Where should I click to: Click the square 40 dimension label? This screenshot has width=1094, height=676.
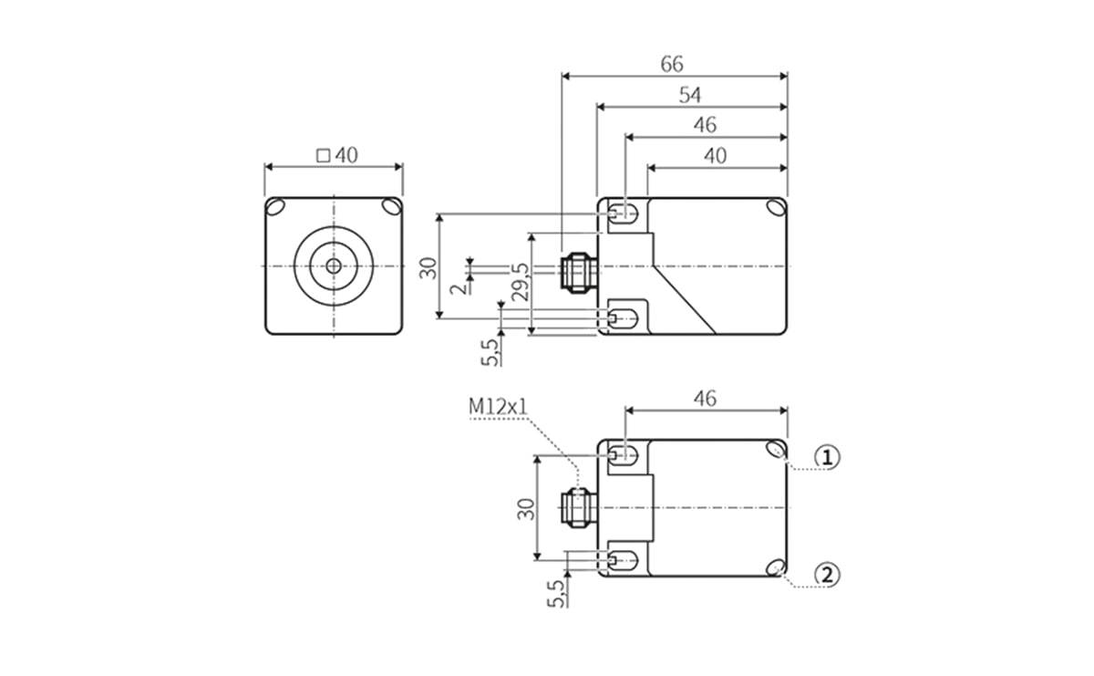coord(336,155)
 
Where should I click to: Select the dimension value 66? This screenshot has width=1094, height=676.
coord(672,65)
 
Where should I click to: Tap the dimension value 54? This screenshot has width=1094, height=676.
coord(690,95)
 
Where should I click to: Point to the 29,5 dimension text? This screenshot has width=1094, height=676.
coord(520,283)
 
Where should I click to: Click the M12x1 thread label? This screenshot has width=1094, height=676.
coord(498,406)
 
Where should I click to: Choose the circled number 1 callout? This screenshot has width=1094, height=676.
coord(826,457)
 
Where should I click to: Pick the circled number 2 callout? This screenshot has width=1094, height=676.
coord(826,575)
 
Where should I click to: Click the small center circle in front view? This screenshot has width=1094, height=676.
coord(334,265)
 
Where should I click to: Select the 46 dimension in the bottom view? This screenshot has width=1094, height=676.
coord(705,399)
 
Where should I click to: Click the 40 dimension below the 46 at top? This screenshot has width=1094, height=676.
coord(715,156)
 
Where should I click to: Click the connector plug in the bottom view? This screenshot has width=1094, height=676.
coord(577,508)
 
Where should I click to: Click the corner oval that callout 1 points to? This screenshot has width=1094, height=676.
coord(776,449)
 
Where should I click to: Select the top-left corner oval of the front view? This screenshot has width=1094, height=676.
coord(275,206)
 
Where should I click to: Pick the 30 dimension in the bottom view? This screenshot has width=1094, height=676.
coord(526,508)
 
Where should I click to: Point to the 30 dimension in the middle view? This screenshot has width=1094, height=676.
coord(428,266)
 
